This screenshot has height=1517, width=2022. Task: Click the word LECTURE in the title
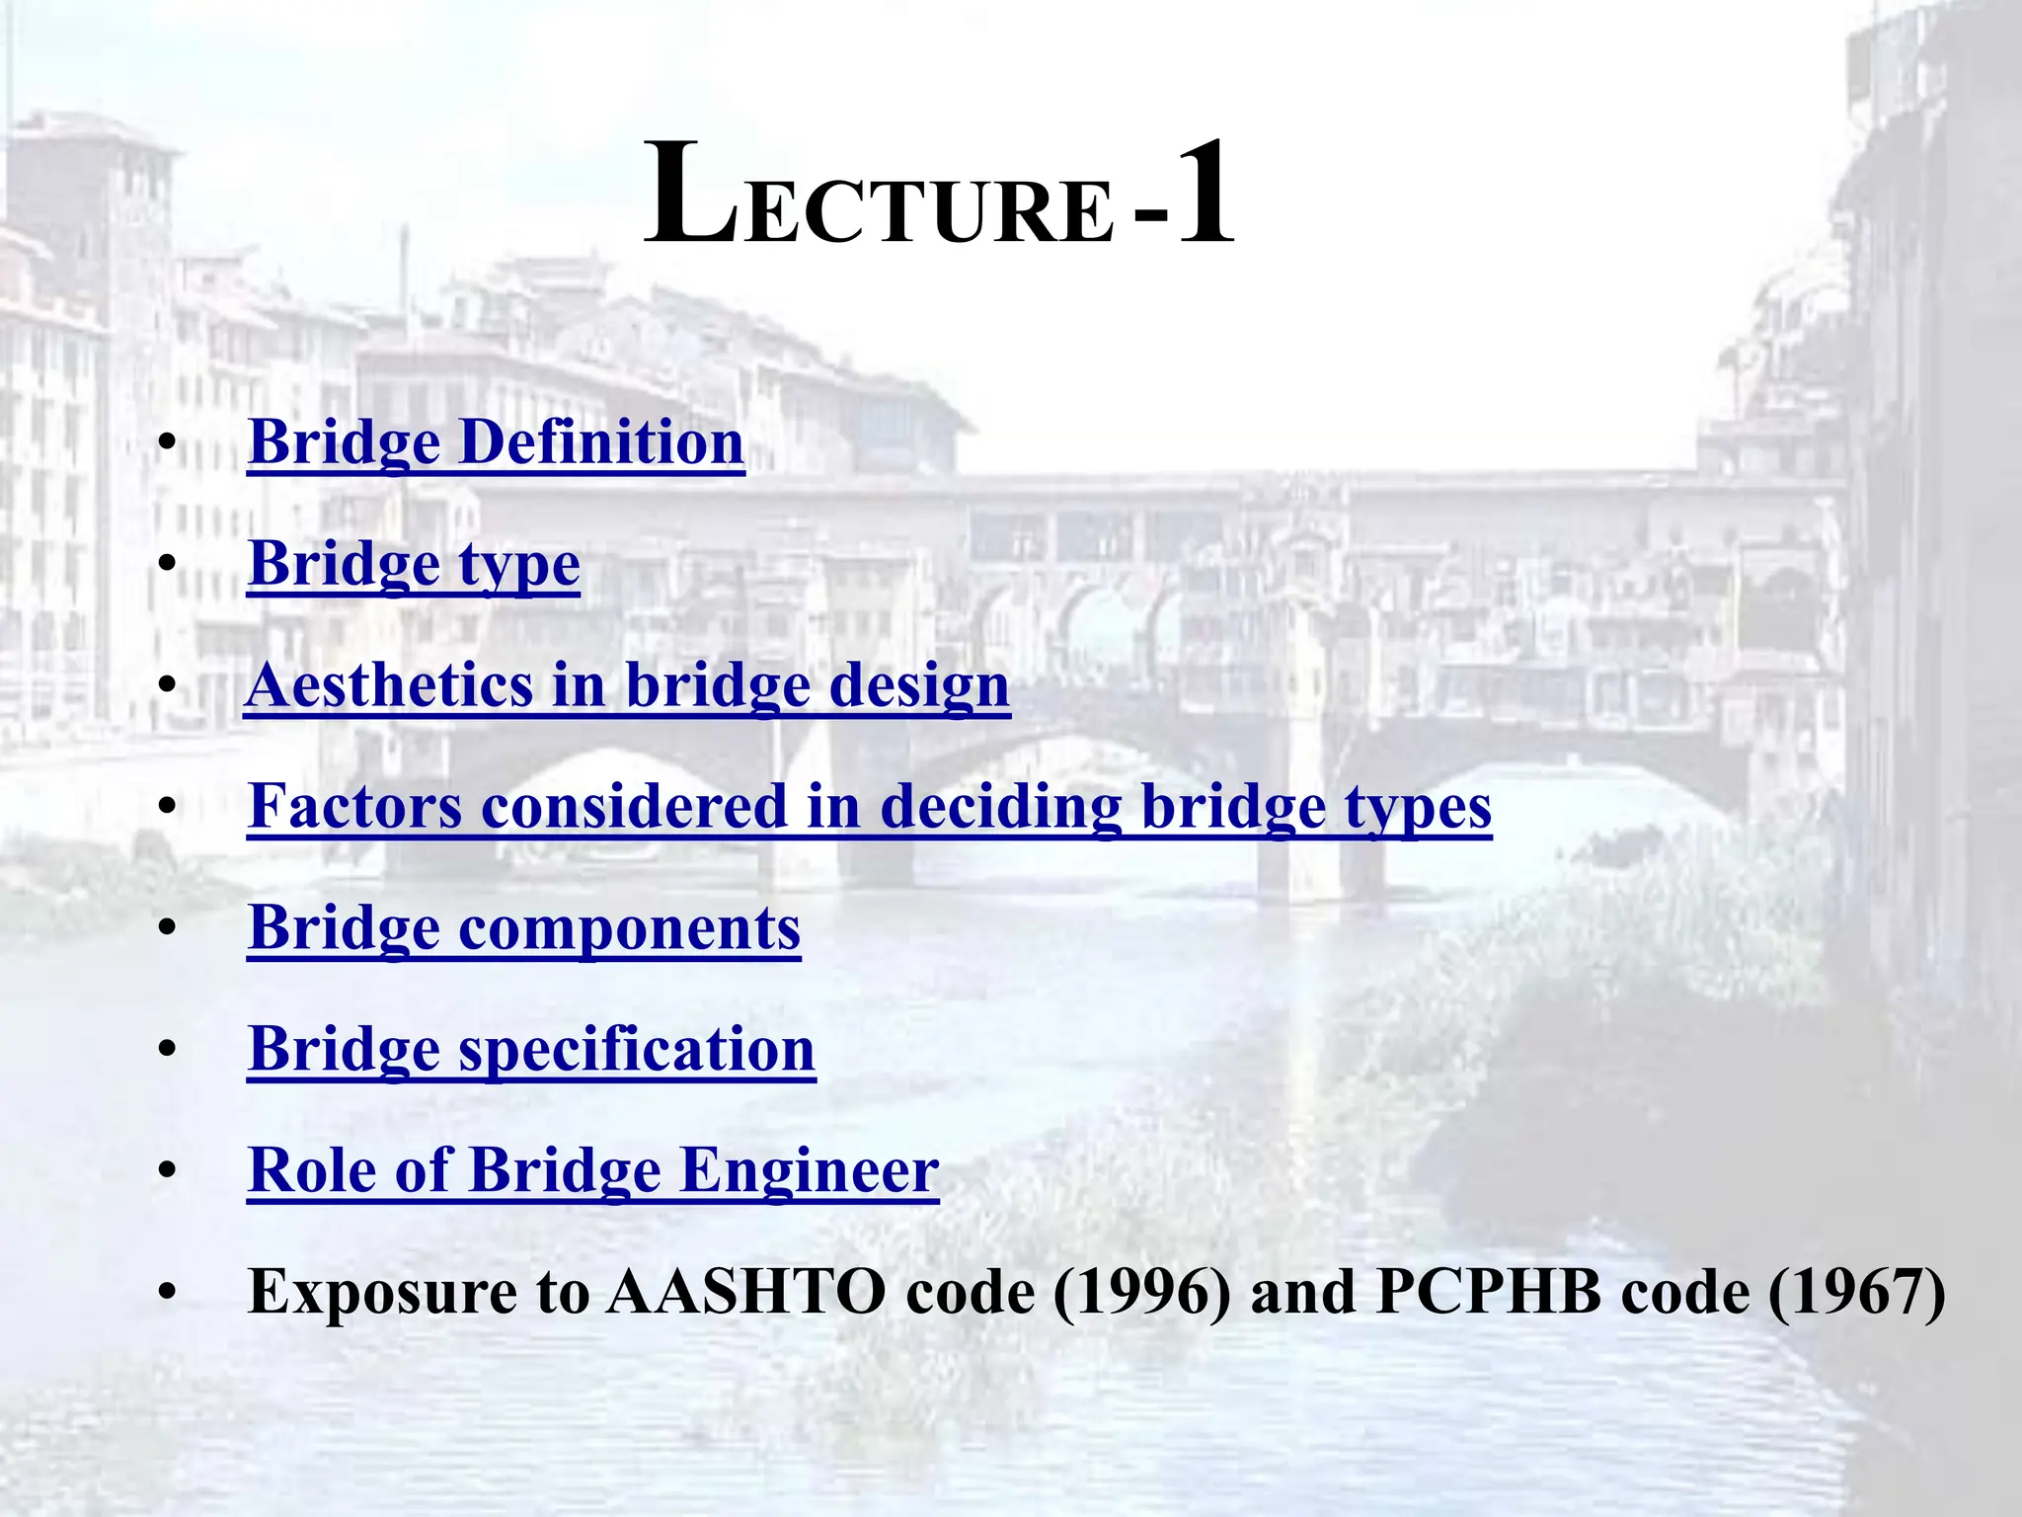coord(879,198)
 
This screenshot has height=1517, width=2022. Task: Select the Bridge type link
coord(414,564)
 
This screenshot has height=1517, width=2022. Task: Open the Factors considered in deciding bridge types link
coord(869,807)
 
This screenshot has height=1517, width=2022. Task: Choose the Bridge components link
coord(524,928)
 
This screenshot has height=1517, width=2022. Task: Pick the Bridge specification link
coord(531,1049)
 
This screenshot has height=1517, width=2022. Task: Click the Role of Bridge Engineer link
coord(592,1170)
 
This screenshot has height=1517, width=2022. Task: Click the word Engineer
coord(810,1170)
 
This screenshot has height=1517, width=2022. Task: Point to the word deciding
coord(1000,807)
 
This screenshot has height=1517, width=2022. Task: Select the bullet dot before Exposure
coord(167,1293)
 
